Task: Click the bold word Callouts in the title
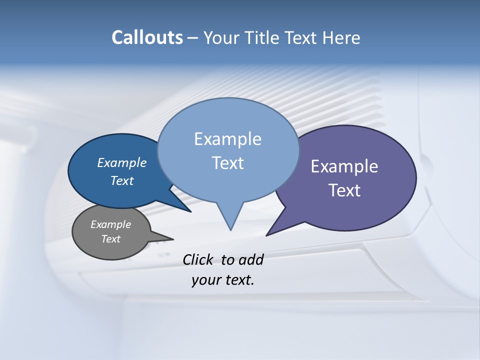pyautogui.click(x=147, y=37)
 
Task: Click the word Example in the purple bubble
pyautogui.click(x=344, y=166)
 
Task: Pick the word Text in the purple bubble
pyautogui.click(x=344, y=190)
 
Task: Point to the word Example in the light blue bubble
pyautogui.click(x=227, y=139)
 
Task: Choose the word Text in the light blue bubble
pyautogui.click(x=227, y=163)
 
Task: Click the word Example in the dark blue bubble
pyautogui.click(x=122, y=162)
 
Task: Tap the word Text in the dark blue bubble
pyautogui.click(x=122, y=180)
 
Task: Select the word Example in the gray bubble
pyautogui.click(x=111, y=224)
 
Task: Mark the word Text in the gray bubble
pyautogui.click(x=111, y=239)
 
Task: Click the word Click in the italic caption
pyautogui.click(x=198, y=259)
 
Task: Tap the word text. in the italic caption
pyautogui.click(x=238, y=280)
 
